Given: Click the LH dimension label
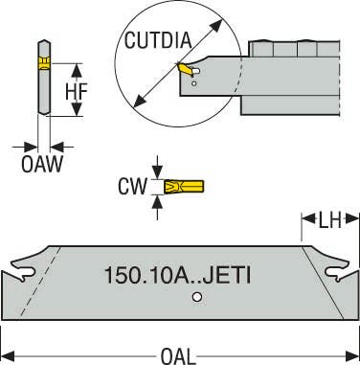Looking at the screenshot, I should click(x=328, y=221).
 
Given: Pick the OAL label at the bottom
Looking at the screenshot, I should click(x=179, y=354).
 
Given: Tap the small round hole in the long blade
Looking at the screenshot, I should click(x=196, y=299).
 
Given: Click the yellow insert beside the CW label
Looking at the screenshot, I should click(x=173, y=186).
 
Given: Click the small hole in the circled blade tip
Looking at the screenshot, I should click(x=196, y=85).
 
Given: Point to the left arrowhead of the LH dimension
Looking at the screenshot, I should click(x=308, y=221).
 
